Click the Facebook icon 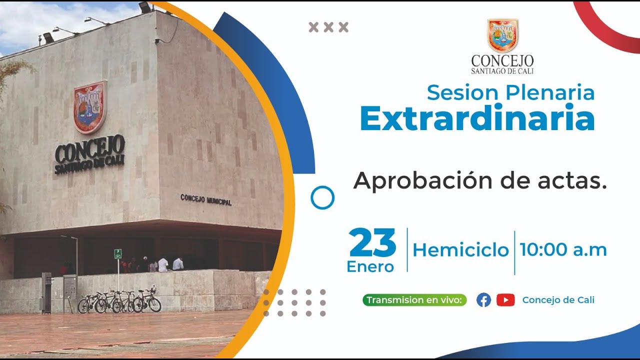[483, 300]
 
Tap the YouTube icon [505, 300]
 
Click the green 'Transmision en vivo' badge [414, 300]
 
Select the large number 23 [373, 243]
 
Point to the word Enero [370, 267]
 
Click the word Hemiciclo [460, 250]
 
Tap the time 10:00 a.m [563, 249]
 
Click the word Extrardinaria [477, 119]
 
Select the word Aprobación [421, 181]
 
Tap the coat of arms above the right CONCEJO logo [502, 36]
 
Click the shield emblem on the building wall [90, 107]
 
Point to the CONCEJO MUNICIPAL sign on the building [205, 199]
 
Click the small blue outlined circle [322, 197]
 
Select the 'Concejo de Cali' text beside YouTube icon [558, 300]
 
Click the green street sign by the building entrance [118, 253]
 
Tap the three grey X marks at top [328, 27]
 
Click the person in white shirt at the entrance [163, 264]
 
